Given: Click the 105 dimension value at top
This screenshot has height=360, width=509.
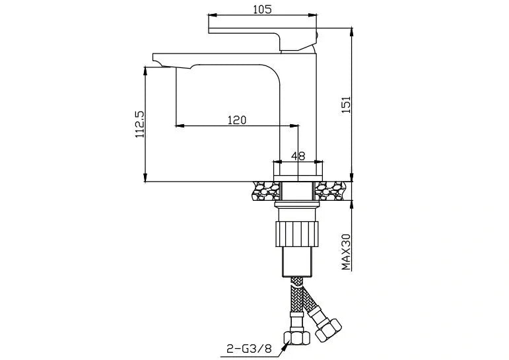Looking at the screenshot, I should [x=262, y=9].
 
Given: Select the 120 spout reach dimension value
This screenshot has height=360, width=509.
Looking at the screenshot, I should [x=236, y=120].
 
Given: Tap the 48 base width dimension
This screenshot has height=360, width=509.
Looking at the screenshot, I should [x=298, y=156].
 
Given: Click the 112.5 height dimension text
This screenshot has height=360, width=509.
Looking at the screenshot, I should [x=139, y=124].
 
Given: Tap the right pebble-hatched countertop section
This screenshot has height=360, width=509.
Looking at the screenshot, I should [x=332, y=192].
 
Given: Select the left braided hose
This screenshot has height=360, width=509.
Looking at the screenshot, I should [x=295, y=301].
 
